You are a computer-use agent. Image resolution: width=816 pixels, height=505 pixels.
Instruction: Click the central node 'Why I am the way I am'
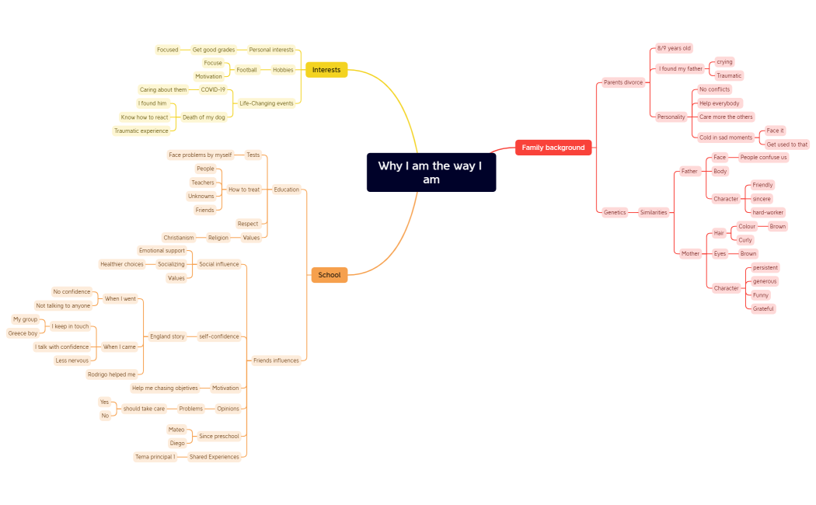click(x=431, y=172)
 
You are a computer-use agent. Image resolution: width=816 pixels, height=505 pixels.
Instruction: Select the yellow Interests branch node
click(x=326, y=70)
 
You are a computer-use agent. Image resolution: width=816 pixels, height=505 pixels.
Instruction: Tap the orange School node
click(x=329, y=275)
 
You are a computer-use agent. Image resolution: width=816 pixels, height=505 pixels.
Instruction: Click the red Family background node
click(x=553, y=148)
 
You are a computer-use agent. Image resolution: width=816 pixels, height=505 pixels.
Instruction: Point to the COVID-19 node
click(x=212, y=90)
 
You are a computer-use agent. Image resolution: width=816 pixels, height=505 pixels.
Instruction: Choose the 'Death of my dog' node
click(x=204, y=117)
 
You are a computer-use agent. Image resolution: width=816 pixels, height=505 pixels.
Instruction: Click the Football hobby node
click(x=246, y=70)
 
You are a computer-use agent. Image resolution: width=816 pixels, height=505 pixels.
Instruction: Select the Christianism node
click(x=179, y=238)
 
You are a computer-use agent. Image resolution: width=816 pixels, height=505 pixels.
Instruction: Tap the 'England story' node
click(x=167, y=336)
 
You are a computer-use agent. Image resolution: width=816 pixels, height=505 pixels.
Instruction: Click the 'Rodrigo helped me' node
click(x=111, y=374)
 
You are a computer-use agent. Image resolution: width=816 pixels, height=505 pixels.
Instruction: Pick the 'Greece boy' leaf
click(x=23, y=333)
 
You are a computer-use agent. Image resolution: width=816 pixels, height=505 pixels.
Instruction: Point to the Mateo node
click(x=176, y=430)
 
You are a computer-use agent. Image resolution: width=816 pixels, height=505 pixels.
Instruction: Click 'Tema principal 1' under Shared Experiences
click(x=155, y=457)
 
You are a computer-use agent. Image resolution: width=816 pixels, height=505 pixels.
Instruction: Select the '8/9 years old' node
click(x=673, y=48)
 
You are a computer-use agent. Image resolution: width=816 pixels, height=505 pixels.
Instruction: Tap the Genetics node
click(x=615, y=212)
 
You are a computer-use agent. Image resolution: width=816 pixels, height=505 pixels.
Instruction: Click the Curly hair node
click(x=745, y=240)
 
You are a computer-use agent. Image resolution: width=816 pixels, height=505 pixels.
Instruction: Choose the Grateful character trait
click(x=763, y=308)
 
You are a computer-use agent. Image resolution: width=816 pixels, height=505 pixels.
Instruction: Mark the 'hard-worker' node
click(x=768, y=212)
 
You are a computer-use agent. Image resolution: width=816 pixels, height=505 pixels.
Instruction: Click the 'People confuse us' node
click(x=763, y=158)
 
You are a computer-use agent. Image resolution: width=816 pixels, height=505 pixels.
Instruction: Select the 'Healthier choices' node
click(x=122, y=264)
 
